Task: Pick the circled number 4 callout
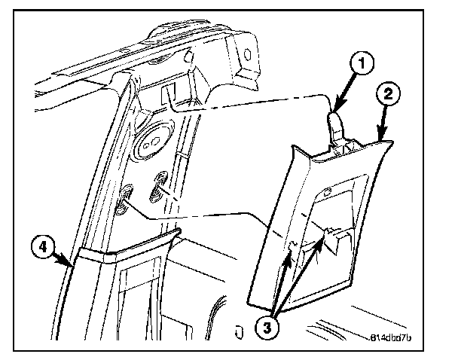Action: click(44, 247)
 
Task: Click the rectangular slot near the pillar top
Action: click(168, 93)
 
